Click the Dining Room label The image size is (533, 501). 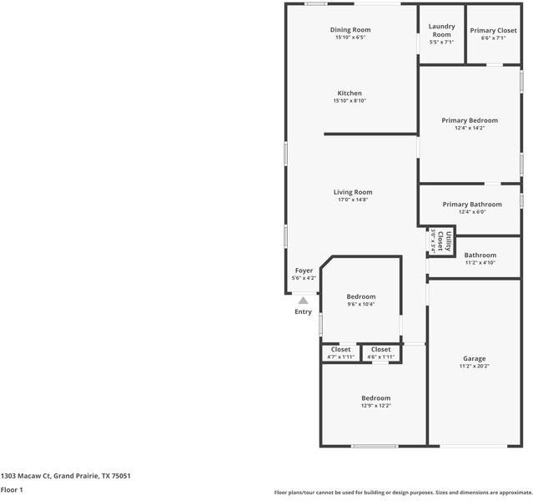[x=350, y=30]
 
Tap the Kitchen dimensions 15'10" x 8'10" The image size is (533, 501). [x=350, y=101]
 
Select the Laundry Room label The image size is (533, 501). [x=441, y=30]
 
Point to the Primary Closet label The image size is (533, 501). [x=493, y=30]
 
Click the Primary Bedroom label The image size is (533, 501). [x=470, y=120]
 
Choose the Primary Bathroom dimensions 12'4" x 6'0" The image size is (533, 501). [x=472, y=212]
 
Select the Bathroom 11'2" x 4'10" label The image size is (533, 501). [x=480, y=256]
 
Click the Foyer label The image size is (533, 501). [x=304, y=271]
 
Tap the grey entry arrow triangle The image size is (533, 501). [x=304, y=301]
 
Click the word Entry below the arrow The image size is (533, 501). [x=304, y=312]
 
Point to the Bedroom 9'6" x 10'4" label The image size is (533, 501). [x=361, y=296]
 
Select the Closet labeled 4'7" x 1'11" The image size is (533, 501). [x=340, y=350]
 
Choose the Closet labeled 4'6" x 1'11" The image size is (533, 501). [x=380, y=350]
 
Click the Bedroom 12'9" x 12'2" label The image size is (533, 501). [x=375, y=398]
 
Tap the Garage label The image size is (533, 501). [x=475, y=358]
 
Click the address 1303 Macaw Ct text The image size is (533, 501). [x=66, y=475]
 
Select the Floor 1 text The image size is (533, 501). [x=12, y=489]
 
